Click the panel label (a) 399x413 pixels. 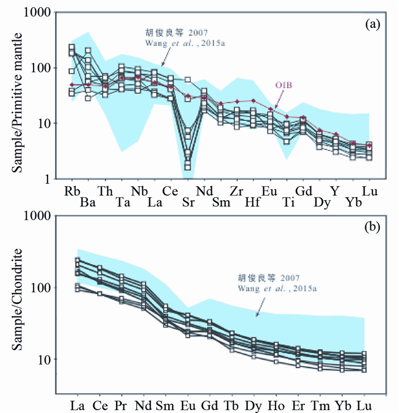(x=373, y=23)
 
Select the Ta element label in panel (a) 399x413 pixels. (x=121, y=203)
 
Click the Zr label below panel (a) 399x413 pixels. (x=237, y=190)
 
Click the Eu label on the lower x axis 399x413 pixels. (x=188, y=402)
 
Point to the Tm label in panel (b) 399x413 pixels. (x=320, y=402)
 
